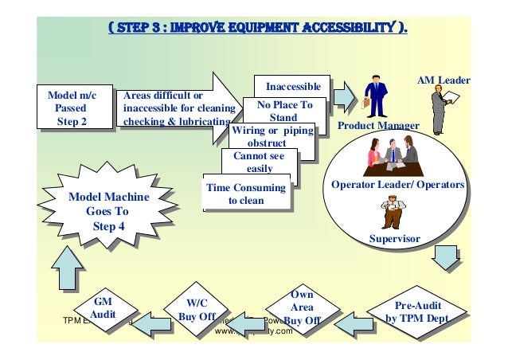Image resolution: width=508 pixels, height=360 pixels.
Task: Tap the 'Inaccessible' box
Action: (x=292, y=86)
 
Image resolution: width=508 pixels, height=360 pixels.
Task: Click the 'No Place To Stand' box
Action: (x=284, y=111)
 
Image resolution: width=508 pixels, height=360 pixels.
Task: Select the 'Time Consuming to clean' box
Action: (x=245, y=194)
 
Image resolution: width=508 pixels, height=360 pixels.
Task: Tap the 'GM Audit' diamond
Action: (x=104, y=309)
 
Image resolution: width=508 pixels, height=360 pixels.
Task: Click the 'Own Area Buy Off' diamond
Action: (x=302, y=307)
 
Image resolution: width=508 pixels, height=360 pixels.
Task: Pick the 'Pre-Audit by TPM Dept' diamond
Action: (x=417, y=311)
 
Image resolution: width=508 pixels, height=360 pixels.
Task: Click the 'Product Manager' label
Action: (x=378, y=126)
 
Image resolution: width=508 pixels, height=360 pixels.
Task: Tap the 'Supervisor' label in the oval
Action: (x=394, y=238)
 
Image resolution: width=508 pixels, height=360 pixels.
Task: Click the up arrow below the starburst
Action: (x=65, y=266)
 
